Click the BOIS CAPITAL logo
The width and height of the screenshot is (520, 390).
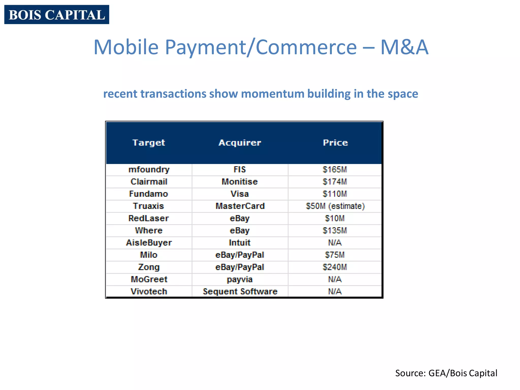(x=57, y=14)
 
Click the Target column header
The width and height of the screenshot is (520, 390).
(x=149, y=143)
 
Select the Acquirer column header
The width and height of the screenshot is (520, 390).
(x=240, y=143)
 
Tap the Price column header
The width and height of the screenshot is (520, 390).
(x=335, y=143)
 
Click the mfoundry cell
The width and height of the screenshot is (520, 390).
(x=149, y=170)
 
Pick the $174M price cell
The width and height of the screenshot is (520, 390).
(x=335, y=182)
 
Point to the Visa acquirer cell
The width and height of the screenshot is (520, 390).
(x=240, y=194)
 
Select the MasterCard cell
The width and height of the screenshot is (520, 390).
(x=240, y=206)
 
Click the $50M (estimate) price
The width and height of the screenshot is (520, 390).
(x=335, y=206)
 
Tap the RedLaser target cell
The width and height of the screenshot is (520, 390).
(x=149, y=218)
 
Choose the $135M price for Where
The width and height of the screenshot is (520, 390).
(x=335, y=231)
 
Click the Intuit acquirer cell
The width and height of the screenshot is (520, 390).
(x=240, y=243)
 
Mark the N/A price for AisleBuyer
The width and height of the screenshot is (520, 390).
(x=335, y=243)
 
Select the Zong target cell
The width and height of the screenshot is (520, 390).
(x=149, y=267)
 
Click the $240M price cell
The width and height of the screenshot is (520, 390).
(x=335, y=267)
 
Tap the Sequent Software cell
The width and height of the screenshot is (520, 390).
(x=240, y=291)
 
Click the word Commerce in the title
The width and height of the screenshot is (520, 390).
(x=306, y=47)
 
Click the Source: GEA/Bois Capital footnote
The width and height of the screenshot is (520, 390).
(x=446, y=373)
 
